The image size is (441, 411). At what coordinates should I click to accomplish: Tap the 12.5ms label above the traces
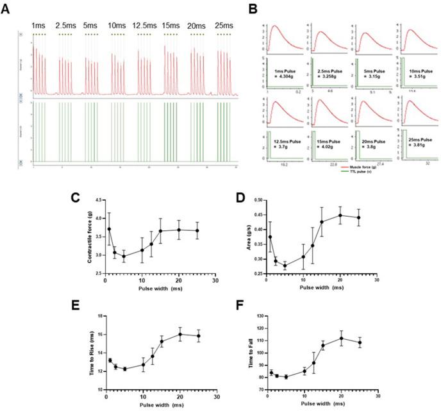click(x=146, y=26)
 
